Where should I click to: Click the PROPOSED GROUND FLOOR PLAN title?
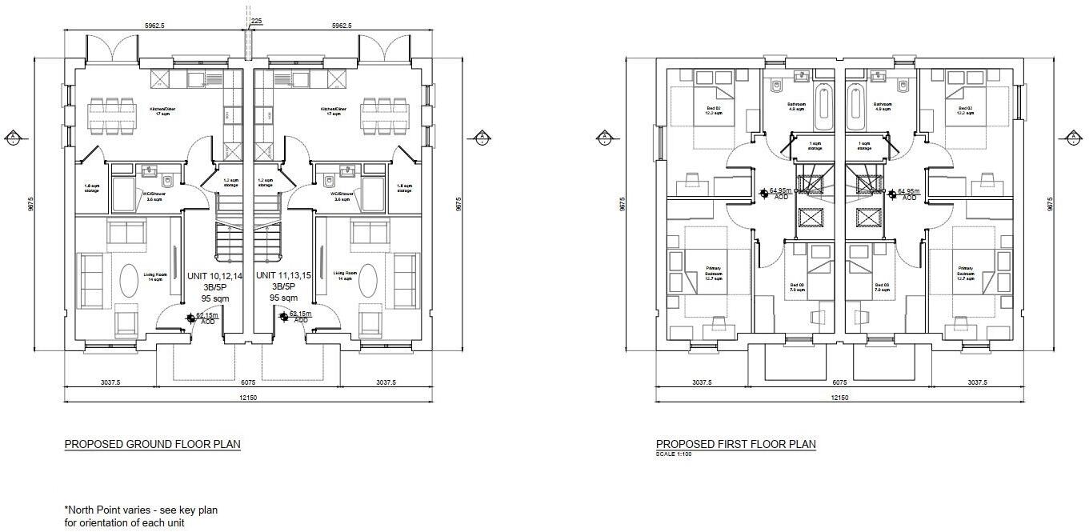(152, 444)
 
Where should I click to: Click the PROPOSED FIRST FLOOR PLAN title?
(735, 444)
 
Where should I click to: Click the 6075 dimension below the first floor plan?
(839, 382)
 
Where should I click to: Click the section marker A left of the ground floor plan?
(14, 138)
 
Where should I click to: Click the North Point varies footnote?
(140, 516)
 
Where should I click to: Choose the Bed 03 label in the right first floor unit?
(883, 287)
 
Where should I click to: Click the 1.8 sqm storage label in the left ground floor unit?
(91, 189)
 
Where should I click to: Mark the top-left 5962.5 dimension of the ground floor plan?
(154, 26)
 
